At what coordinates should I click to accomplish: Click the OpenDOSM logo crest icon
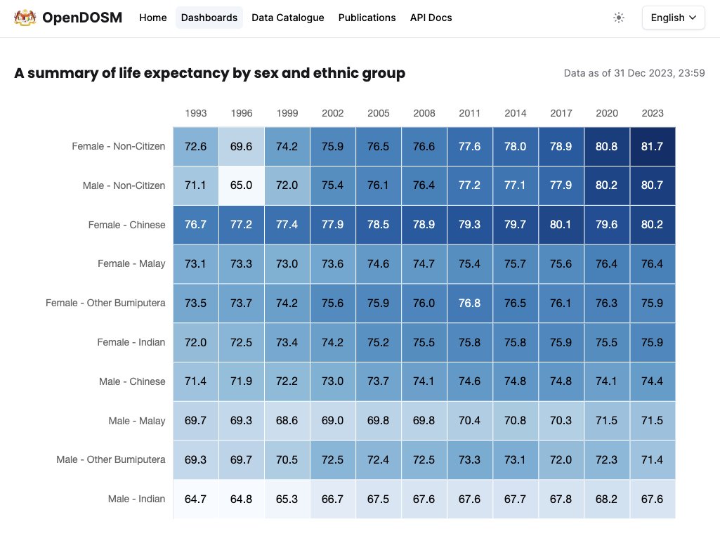pos(25,18)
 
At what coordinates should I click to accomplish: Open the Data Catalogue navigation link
pos(288,18)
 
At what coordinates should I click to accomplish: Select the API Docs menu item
pos(431,18)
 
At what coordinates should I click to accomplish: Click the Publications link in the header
pos(367,18)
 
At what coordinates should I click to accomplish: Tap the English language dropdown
pos(673,18)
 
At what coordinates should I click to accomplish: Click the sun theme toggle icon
pos(619,18)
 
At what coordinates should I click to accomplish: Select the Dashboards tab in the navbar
pos(209,18)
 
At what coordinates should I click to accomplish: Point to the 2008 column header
pos(424,113)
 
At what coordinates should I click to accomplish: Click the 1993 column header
pos(196,113)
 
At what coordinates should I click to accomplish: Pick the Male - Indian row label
pos(137,499)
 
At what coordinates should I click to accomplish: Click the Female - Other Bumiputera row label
pos(105,303)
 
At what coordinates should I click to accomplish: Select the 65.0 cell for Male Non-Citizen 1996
pos(242,185)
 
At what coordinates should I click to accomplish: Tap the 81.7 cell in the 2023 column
pos(653,146)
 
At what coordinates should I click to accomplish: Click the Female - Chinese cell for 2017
pos(561,225)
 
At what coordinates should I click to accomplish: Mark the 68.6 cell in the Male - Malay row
pos(287,421)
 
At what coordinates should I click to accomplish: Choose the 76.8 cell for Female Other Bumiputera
pos(470,303)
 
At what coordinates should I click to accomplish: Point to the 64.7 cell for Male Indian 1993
pos(196,499)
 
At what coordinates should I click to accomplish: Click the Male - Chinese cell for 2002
pos(333,381)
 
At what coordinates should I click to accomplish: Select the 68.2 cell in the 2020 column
pos(607,499)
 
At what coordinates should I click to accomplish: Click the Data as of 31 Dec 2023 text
pos(634,73)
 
